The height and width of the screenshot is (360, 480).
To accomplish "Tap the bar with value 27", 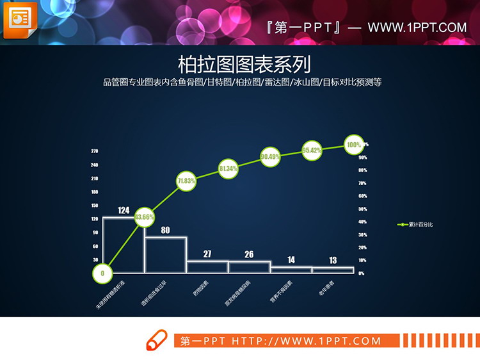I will coord(207,267).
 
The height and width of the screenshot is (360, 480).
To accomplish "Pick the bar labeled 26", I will coord(250,267).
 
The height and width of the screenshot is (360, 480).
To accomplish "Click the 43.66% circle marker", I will coord(144,217).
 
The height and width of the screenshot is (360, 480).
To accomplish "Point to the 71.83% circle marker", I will coord(186,181).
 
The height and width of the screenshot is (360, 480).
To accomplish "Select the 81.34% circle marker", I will coord(228,168).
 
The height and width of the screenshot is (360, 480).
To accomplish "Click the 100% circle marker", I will coord(354,145).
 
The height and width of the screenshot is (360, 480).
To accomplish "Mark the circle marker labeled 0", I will coord(102,274).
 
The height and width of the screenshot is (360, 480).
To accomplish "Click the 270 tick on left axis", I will coord(94,151).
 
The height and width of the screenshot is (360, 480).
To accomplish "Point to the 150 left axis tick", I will coord(94,206).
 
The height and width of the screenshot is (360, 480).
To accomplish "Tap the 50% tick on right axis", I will coord(362,209).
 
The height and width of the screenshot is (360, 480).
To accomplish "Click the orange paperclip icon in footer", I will coord(156,340).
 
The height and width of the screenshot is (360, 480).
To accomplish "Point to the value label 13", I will coord(333,260).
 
